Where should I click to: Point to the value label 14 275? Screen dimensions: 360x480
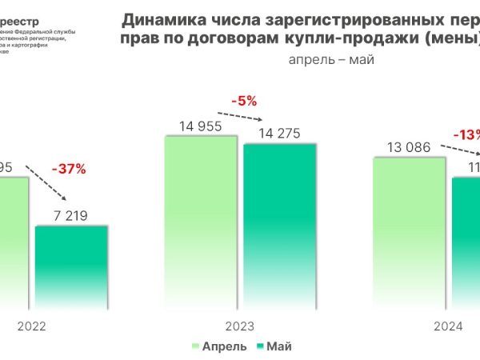[279, 132]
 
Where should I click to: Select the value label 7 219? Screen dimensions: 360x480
[71, 214]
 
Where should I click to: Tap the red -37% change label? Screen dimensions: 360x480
[68, 169]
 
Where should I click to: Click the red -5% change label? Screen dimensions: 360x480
[244, 101]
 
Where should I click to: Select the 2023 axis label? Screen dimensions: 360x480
[240, 326]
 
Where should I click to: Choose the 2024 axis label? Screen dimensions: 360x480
[448, 326]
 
